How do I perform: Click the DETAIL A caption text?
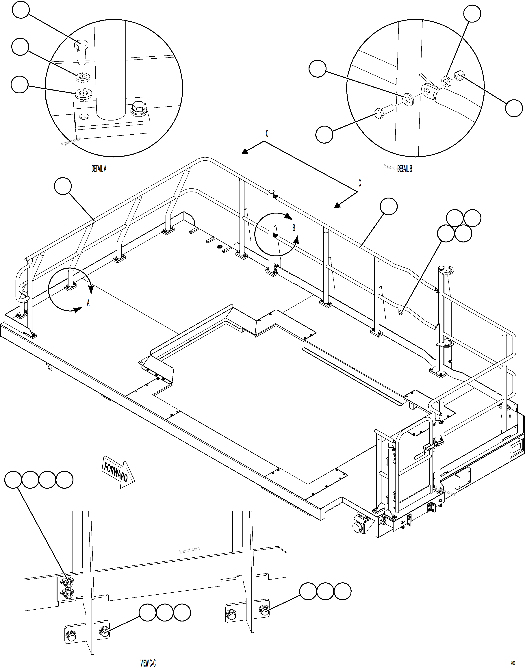99,169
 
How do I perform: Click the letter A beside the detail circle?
88,303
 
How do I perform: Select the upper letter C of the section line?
267,134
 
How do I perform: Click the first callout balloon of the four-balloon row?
13,480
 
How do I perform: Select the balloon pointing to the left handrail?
63,186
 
